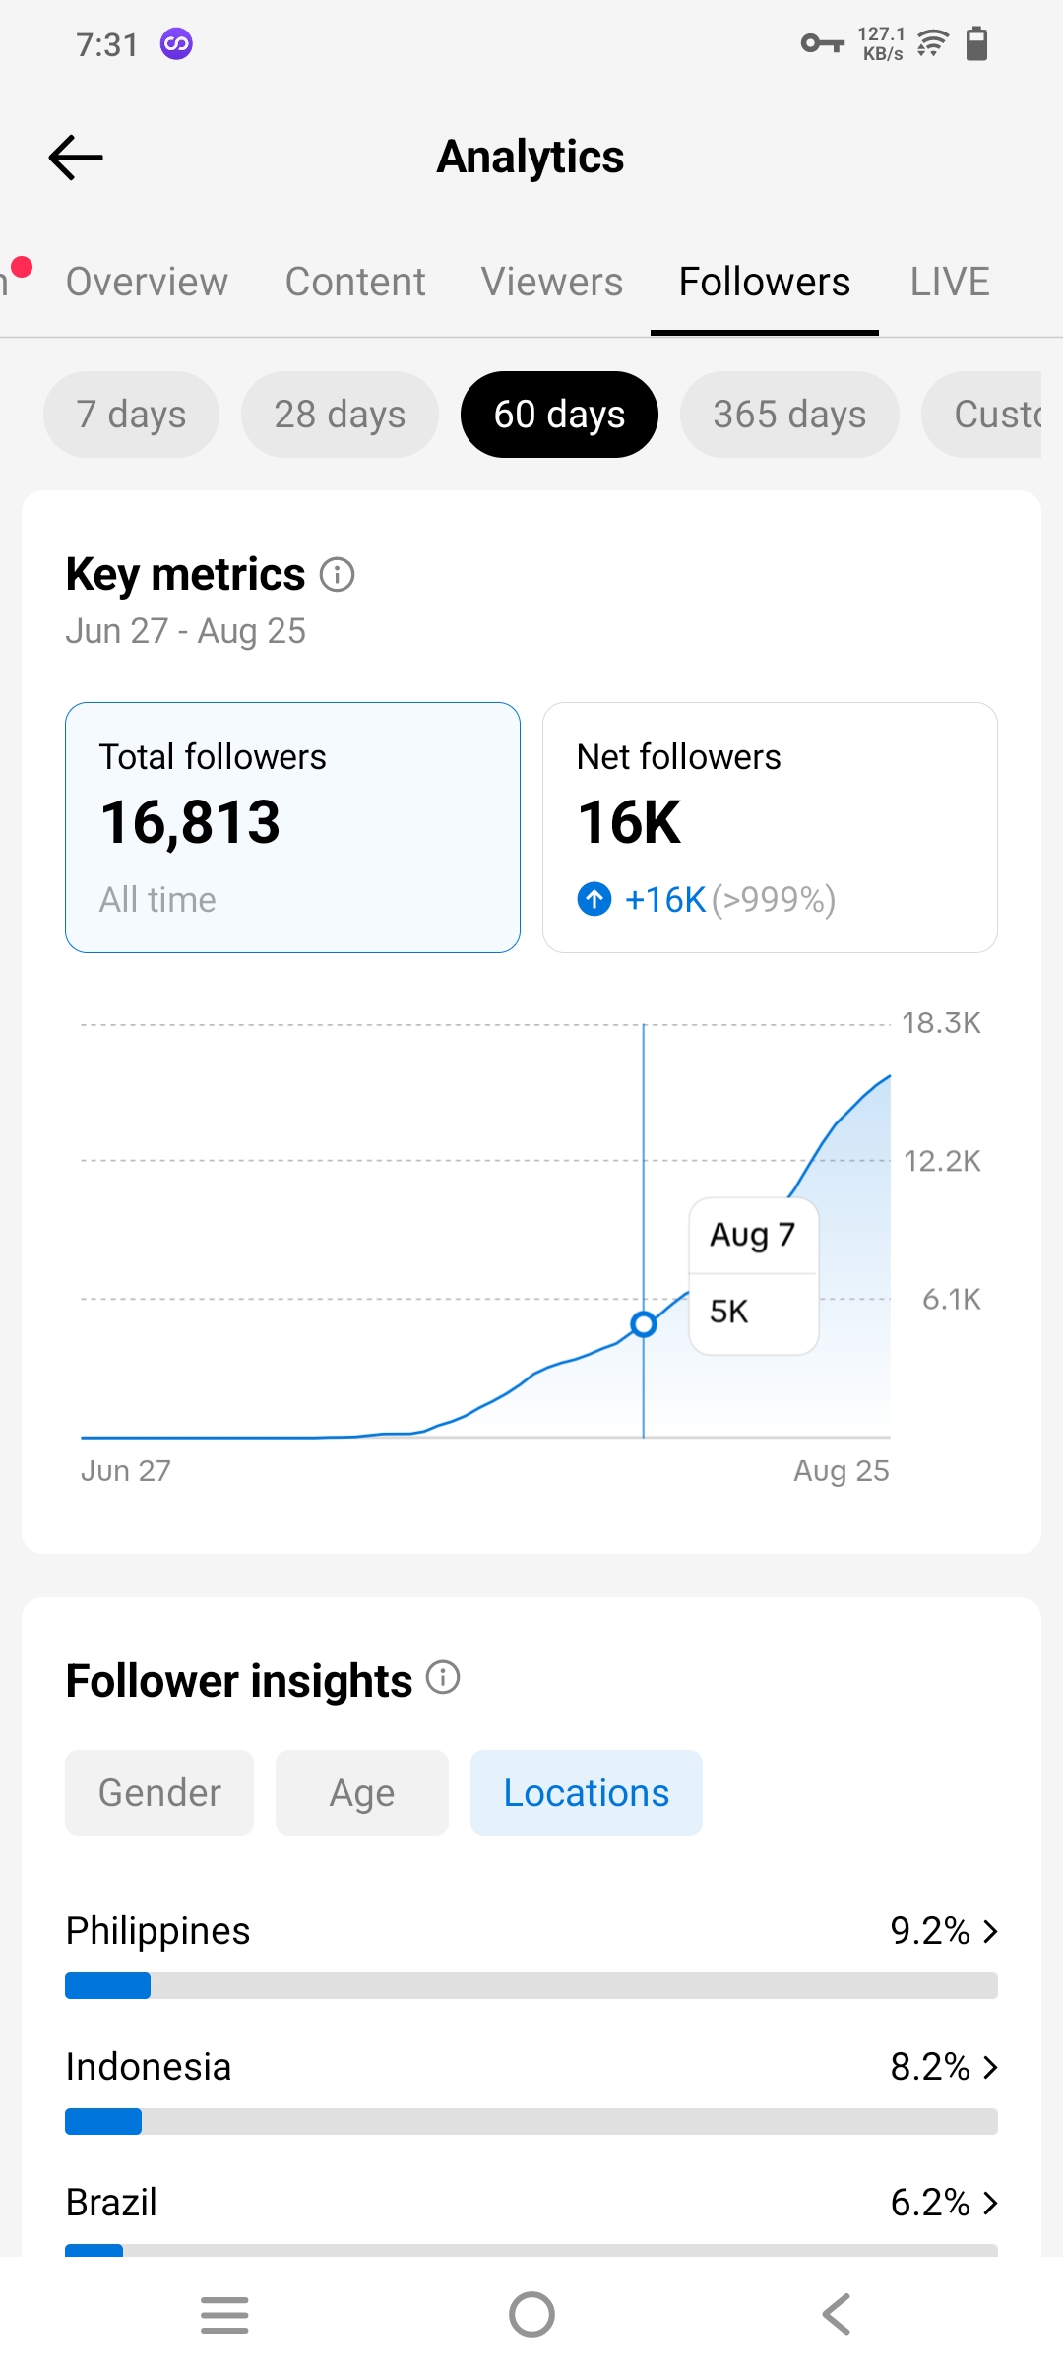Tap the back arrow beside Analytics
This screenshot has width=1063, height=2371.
[x=76, y=158]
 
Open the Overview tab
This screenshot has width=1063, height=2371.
[x=147, y=282]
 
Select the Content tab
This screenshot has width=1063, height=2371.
[x=355, y=282]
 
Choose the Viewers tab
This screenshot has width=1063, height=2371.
[x=552, y=282]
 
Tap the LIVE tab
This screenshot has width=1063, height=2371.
[x=950, y=282]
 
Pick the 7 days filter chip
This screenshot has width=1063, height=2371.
[x=131, y=415]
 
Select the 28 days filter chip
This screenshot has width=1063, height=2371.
[x=340, y=415]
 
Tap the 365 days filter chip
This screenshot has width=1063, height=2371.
[x=789, y=415]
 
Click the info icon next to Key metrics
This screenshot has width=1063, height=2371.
[x=338, y=574]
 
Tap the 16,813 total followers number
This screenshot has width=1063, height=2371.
[x=190, y=822]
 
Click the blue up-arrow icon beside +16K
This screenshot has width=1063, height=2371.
[x=594, y=899]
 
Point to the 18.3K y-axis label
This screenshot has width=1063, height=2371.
[x=942, y=1023]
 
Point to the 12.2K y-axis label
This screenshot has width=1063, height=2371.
[x=943, y=1161]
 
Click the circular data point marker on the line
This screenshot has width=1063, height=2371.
[x=644, y=1324]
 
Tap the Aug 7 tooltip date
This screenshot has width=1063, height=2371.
[x=753, y=1235]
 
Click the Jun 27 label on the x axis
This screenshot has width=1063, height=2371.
[x=126, y=1471]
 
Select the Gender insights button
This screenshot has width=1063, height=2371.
[x=159, y=1793]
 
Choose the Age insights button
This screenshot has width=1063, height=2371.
[x=362, y=1793]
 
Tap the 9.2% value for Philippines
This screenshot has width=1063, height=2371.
[x=930, y=1931]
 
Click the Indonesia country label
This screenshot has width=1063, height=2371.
[x=149, y=2067]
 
